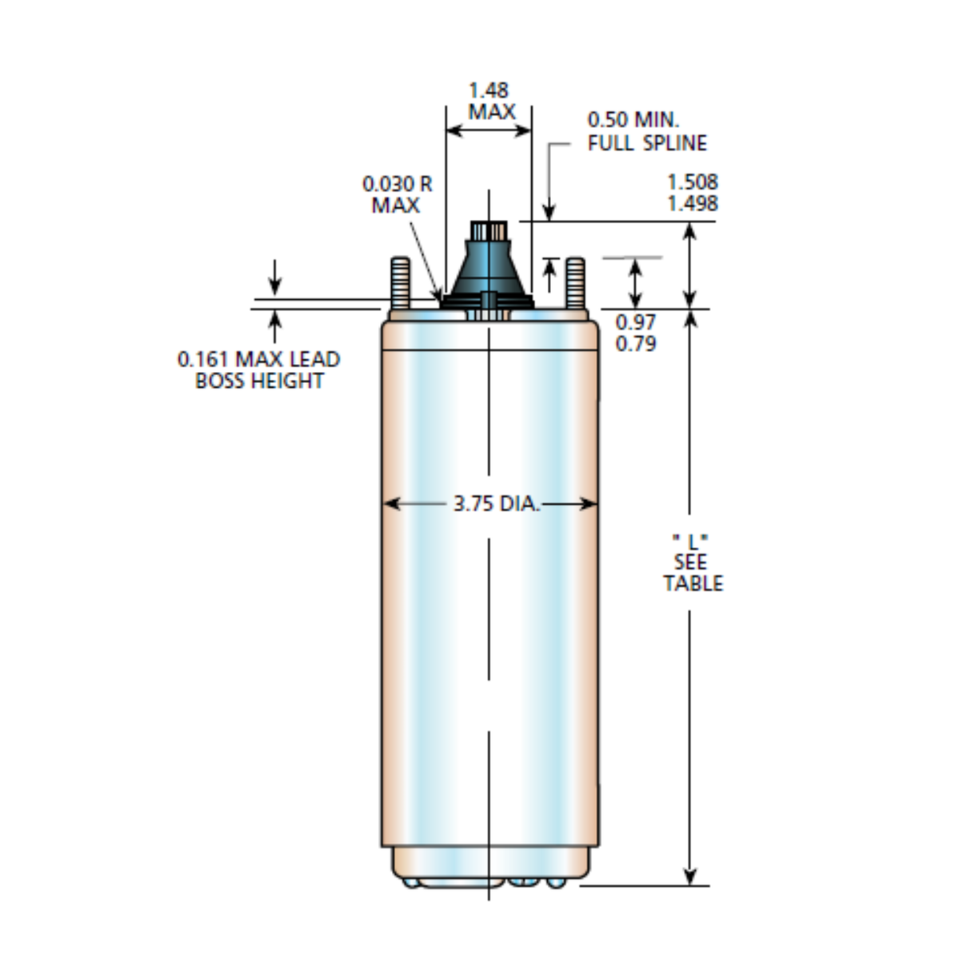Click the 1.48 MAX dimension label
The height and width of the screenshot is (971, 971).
(489, 101)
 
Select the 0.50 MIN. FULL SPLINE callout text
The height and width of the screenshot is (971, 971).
(646, 132)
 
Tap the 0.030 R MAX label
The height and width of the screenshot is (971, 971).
(397, 194)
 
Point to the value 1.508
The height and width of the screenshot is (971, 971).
(693, 182)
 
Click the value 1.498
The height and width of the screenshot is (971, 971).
(693, 203)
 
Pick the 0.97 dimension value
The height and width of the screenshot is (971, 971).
(636, 322)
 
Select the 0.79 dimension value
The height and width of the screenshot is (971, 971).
(636, 343)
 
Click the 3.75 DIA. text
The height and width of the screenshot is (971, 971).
(496, 504)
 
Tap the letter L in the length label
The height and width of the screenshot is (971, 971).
(692, 540)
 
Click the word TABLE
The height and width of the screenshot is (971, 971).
(693, 583)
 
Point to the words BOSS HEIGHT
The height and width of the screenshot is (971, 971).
(259, 381)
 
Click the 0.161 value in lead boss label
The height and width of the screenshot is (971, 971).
(203, 359)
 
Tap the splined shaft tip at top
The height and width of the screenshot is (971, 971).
(489, 231)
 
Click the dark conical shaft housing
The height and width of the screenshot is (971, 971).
(489, 268)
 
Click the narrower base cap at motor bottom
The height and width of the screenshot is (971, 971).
(489, 864)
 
